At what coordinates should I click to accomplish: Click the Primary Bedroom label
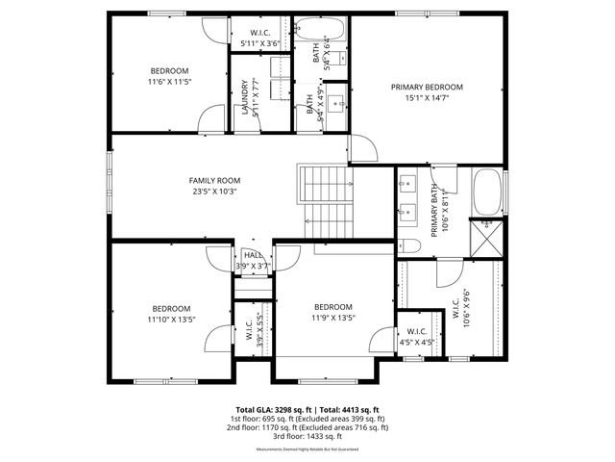pos(426,87)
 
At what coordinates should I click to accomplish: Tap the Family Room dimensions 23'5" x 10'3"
pos(213,192)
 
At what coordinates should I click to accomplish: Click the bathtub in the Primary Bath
pos(488,192)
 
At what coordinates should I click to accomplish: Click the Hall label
pos(253,255)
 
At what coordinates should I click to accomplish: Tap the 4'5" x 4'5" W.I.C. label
pos(415,336)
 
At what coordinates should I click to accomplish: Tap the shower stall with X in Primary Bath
pos(486,236)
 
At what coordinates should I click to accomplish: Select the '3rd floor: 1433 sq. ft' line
pos(307,437)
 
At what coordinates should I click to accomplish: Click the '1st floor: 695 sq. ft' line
pos(307,419)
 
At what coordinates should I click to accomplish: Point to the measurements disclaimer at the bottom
pos(307,449)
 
